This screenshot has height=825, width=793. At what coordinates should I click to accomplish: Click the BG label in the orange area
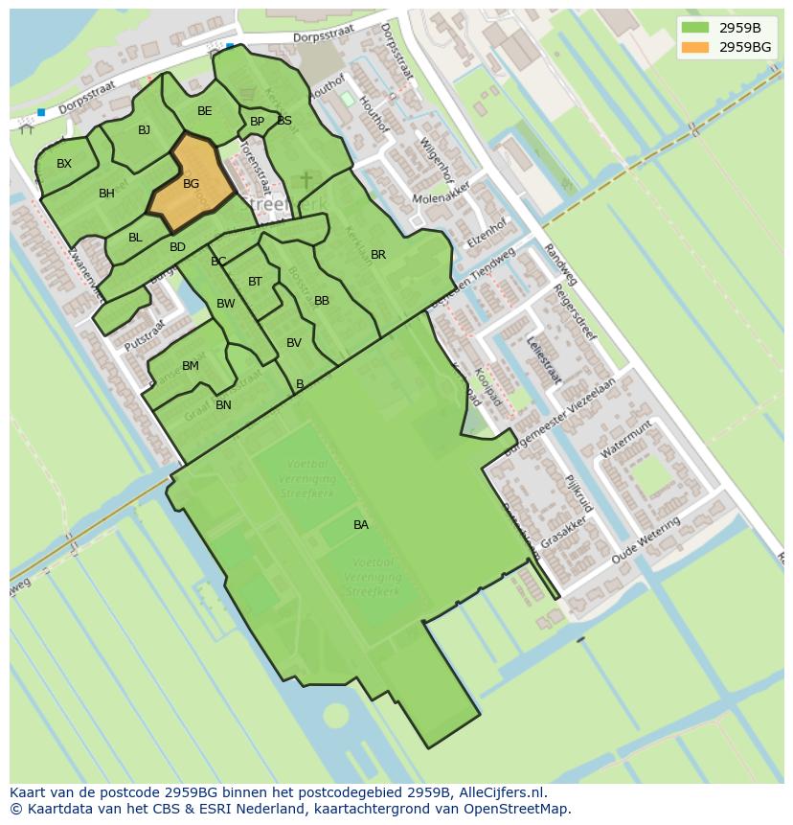(191, 184)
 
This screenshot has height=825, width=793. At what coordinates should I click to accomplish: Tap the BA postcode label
(361, 525)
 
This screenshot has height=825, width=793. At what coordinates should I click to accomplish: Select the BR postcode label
(378, 255)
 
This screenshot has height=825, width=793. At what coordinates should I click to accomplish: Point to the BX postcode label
(64, 164)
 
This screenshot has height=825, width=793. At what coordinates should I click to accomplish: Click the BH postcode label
(106, 194)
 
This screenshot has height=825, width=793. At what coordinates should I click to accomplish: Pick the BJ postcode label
(144, 130)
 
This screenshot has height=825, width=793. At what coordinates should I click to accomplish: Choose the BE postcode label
(204, 111)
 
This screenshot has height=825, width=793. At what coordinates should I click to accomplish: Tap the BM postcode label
(191, 366)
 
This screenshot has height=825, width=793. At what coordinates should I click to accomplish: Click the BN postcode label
(223, 405)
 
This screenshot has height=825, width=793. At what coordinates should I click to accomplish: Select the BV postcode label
(294, 343)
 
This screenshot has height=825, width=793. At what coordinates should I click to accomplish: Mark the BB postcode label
(322, 301)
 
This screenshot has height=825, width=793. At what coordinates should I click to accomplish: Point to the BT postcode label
(255, 282)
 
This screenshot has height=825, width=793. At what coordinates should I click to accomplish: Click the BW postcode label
(226, 304)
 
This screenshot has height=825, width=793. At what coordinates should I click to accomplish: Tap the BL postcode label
(135, 238)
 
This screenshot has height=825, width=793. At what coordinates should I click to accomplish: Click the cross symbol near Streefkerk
(306, 180)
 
